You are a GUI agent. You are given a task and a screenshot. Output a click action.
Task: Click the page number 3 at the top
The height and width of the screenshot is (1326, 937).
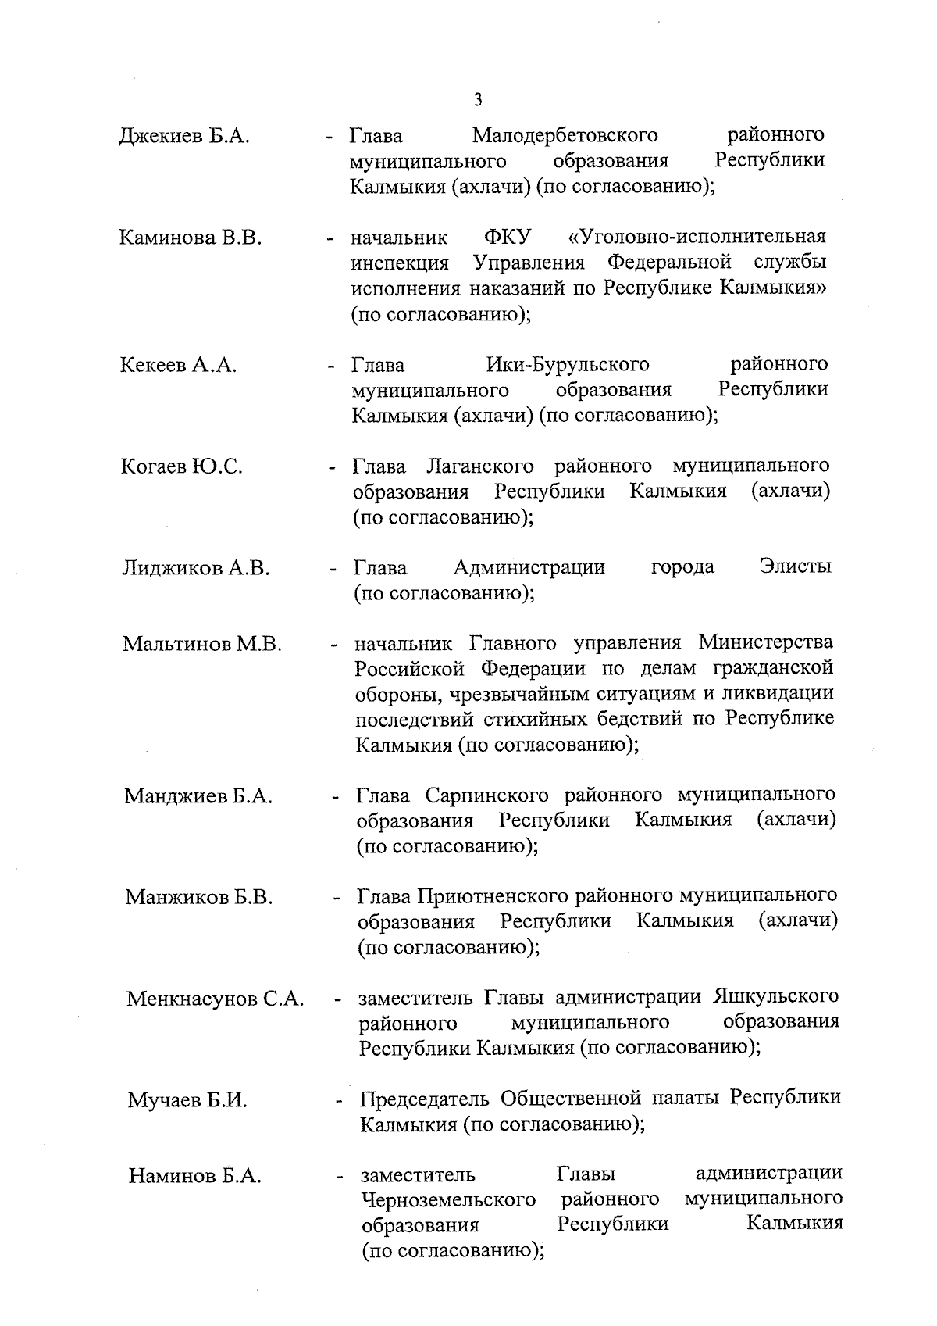[x=478, y=99]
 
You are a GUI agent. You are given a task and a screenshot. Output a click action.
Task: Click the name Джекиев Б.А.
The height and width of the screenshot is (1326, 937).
[x=183, y=137]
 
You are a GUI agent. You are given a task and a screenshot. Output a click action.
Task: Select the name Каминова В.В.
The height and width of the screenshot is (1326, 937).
[x=190, y=238]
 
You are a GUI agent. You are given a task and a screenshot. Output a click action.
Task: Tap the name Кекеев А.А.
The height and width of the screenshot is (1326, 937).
[x=179, y=365]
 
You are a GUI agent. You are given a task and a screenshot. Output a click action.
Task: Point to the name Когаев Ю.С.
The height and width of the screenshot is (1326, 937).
[x=181, y=467]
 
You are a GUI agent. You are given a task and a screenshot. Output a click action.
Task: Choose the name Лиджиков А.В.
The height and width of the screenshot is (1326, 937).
[x=195, y=569]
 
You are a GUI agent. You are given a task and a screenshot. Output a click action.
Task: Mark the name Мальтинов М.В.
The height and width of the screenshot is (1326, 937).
[x=201, y=645]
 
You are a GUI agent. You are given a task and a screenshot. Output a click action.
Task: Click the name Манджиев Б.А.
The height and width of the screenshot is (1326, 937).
[x=198, y=796]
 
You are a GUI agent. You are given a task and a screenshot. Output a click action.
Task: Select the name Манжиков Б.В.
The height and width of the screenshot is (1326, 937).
[x=198, y=897]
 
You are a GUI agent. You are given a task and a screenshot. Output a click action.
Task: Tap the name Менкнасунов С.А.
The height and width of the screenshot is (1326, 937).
[x=215, y=999]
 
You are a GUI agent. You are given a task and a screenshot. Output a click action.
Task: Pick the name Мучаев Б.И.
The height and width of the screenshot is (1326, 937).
[x=187, y=1101]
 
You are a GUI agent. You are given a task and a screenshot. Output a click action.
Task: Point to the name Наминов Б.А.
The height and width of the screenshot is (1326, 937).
[x=195, y=1176]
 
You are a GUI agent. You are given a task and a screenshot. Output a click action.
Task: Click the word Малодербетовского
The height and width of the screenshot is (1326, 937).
[x=565, y=136]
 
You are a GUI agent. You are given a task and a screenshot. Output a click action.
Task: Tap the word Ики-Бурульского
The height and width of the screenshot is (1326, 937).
[x=568, y=364]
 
